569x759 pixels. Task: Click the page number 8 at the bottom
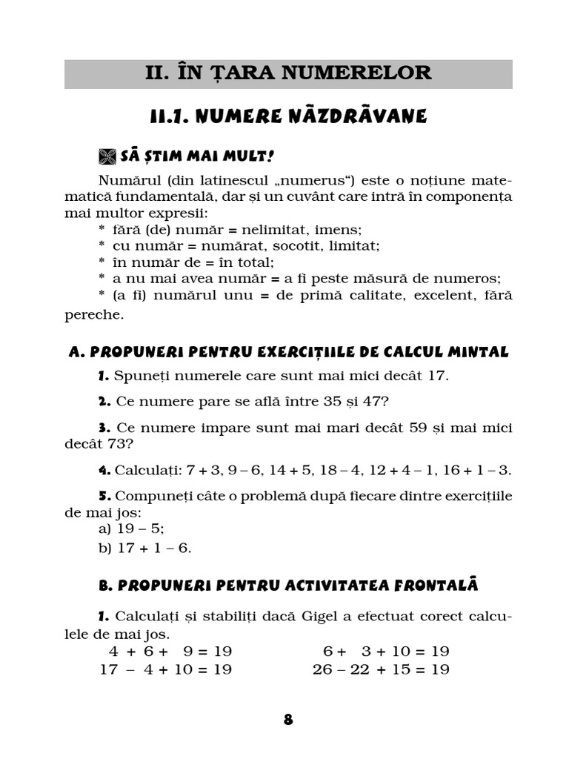coord(288,720)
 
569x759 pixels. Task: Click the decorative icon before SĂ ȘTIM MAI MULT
coord(108,156)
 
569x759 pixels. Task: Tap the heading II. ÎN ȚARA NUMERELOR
coord(288,73)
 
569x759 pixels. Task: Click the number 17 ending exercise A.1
coord(437,375)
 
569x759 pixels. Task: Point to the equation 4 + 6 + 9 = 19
coord(170,652)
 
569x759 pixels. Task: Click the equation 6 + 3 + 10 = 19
coord(386,652)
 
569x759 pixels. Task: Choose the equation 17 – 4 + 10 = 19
coord(165,669)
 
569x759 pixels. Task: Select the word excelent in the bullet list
coord(420,295)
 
